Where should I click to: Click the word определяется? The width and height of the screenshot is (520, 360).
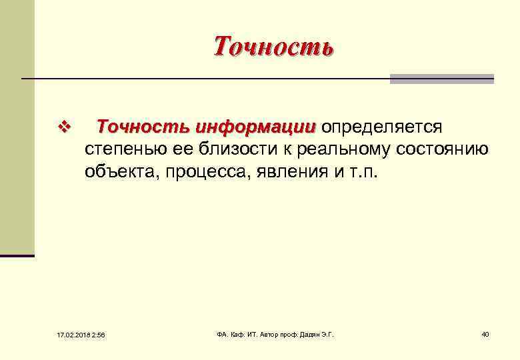tap(378, 127)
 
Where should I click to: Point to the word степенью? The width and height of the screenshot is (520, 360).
tap(125, 149)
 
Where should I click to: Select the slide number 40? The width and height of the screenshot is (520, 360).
tap(485, 333)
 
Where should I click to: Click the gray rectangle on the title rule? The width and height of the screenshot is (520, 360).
tap(441, 79)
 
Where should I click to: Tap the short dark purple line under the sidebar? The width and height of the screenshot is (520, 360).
tap(17, 255)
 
